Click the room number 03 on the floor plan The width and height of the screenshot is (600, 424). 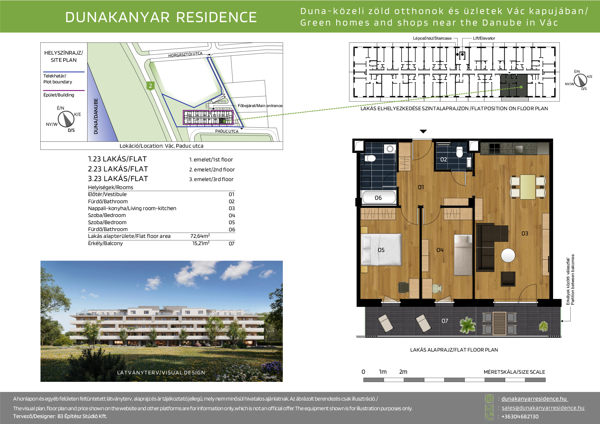point(525,234)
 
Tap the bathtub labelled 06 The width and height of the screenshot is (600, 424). point(379,197)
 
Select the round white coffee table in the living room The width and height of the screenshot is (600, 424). point(508,255)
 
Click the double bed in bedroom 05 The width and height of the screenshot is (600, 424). point(381,250)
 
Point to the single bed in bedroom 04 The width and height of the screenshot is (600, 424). point(463,255)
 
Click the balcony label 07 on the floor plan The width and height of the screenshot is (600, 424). point(445,321)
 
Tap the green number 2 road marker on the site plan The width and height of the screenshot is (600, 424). point(150,86)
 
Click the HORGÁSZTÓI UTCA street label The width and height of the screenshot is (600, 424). point(185,55)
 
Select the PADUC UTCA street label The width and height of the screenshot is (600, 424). point(227,131)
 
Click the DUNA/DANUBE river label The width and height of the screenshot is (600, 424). point(96,116)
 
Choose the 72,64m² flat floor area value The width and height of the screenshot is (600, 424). point(200,236)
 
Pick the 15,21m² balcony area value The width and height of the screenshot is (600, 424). point(201,243)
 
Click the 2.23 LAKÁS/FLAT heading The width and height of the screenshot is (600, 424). point(118,169)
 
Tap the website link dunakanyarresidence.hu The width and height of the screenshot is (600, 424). point(534,399)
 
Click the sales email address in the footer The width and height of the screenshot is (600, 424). point(543,408)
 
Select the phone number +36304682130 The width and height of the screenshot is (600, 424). point(520,417)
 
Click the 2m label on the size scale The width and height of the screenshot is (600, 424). point(403,372)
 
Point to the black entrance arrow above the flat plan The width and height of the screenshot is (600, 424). point(423,131)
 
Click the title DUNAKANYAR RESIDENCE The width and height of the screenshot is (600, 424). point(161,17)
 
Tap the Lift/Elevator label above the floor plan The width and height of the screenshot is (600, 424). point(484,38)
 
